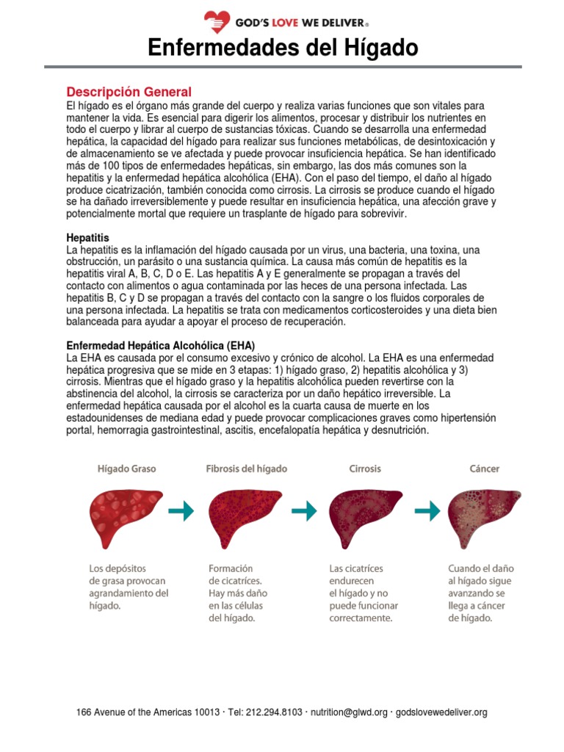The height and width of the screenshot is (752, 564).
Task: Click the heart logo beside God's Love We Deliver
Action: coord(217,23)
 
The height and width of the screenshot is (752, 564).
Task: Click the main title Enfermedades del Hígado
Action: coord(283,48)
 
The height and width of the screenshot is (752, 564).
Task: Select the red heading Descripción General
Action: coord(129,92)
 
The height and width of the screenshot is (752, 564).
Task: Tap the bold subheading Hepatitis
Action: coord(87,239)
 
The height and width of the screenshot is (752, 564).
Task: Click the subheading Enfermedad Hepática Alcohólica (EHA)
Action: coord(161,345)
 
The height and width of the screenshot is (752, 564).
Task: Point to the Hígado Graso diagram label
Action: coord(127,468)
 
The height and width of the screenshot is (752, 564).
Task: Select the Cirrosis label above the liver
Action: coord(364,468)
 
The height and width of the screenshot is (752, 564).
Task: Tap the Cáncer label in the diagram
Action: coord(484,468)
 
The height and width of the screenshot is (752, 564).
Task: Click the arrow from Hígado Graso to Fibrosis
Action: coord(181,510)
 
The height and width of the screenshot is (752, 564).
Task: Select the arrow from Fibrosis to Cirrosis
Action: coord(304,510)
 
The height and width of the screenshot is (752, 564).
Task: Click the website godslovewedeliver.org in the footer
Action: coord(441,712)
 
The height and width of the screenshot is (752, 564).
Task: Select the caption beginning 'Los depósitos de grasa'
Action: coord(129,587)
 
